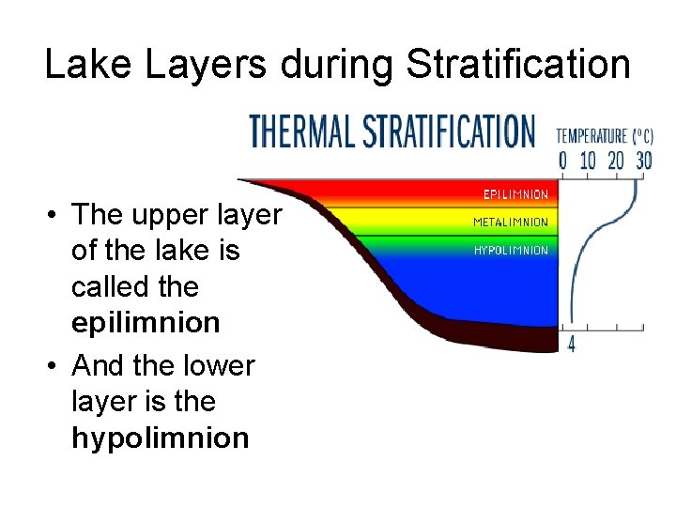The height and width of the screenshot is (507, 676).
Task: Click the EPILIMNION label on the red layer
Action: pos(515,195)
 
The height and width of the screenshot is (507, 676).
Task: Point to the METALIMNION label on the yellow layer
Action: pos(510,223)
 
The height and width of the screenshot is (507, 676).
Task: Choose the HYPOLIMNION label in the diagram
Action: pos(511,251)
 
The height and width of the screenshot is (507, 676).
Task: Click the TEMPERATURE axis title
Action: pos(592,135)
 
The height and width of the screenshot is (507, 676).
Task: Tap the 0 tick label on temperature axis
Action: pos(563,161)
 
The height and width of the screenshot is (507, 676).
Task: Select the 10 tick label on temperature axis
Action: pos(588,161)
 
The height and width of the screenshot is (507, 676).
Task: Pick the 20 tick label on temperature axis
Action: pos(616,161)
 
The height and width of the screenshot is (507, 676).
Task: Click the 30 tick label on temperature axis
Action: pos(643,161)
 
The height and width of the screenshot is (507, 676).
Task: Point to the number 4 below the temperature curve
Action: pos(572,345)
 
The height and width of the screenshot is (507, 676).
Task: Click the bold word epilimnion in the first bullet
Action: pos(146,323)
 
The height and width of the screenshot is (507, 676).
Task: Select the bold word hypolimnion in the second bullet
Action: pos(160,438)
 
